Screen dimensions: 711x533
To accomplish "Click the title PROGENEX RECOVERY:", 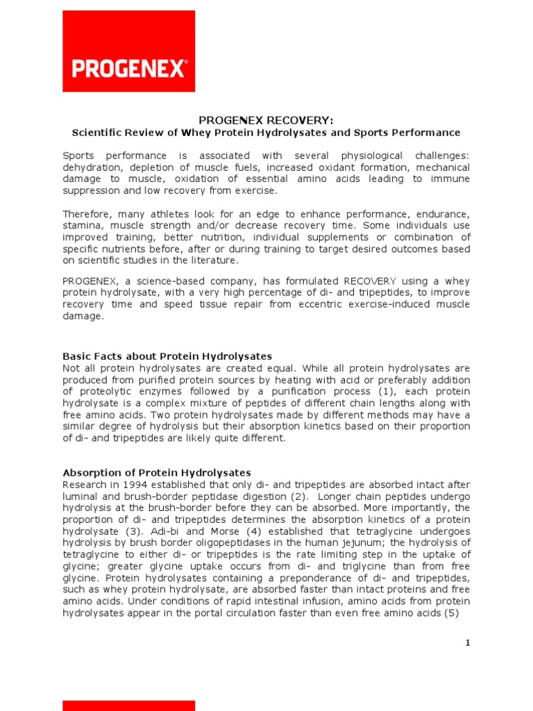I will (x=266, y=121).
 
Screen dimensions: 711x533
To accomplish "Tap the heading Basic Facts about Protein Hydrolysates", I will (x=167, y=356).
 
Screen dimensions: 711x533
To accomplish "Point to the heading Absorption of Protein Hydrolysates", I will (x=157, y=473).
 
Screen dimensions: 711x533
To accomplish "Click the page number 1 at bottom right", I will (x=468, y=643).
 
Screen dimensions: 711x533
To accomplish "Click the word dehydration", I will (x=90, y=167).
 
